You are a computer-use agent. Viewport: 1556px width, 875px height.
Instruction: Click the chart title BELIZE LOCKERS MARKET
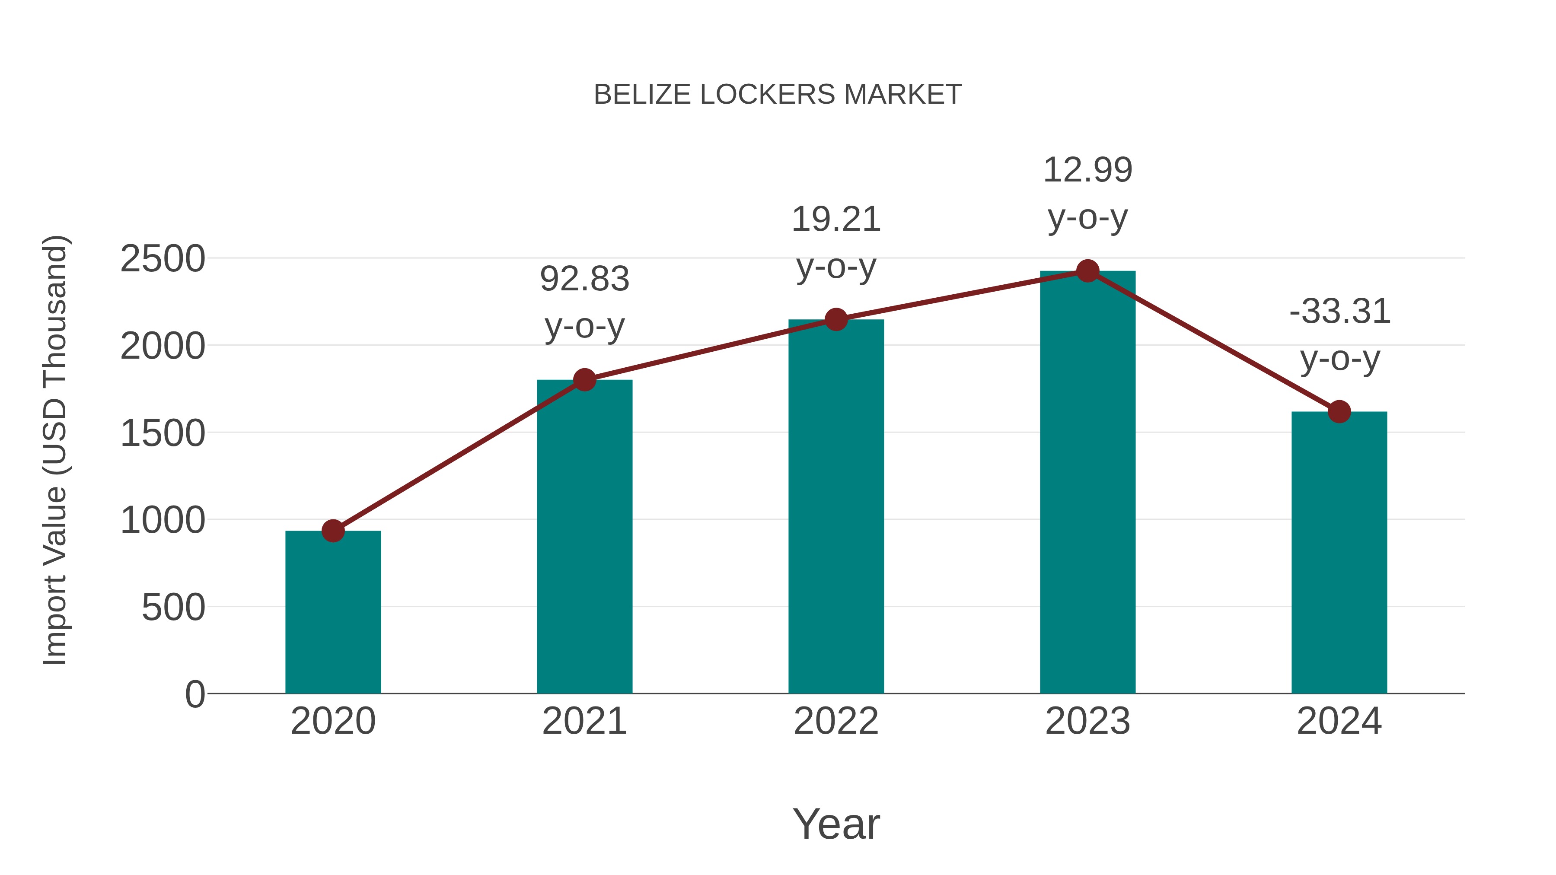coord(778,95)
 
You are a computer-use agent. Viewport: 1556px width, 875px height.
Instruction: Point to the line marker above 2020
coord(333,531)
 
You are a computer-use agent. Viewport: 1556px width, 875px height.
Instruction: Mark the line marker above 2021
coord(584,380)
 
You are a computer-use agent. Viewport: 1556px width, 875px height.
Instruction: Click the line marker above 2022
coord(836,319)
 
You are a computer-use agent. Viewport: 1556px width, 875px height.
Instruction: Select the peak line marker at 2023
coord(1087,271)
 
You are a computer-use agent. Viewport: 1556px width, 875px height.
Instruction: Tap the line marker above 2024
coord(1339,412)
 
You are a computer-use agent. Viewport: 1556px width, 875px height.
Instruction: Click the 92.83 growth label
coord(584,279)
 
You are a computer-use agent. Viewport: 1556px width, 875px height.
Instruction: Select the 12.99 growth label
coord(1087,170)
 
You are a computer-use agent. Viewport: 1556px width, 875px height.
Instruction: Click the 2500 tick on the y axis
coord(163,259)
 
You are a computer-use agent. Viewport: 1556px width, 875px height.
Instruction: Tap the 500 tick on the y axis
coord(173,607)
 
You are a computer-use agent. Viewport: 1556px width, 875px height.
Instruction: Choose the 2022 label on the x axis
coord(836,721)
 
